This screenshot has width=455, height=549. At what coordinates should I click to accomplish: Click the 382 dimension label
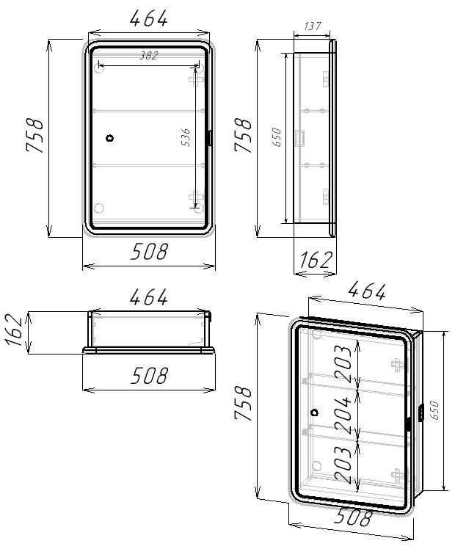[149, 56]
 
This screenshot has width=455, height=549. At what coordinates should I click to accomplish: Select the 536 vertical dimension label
[186, 137]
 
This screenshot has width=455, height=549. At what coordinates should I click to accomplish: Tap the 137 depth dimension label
[311, 26]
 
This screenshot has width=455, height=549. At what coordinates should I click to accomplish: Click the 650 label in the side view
[276, 137]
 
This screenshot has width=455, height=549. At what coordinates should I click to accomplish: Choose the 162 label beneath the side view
[316, 260]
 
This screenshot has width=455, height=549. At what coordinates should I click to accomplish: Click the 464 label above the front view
[149, 19]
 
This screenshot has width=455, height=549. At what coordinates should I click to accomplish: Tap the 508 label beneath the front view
[149, 252]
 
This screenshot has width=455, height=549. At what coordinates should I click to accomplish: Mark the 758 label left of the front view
[35, 135]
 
